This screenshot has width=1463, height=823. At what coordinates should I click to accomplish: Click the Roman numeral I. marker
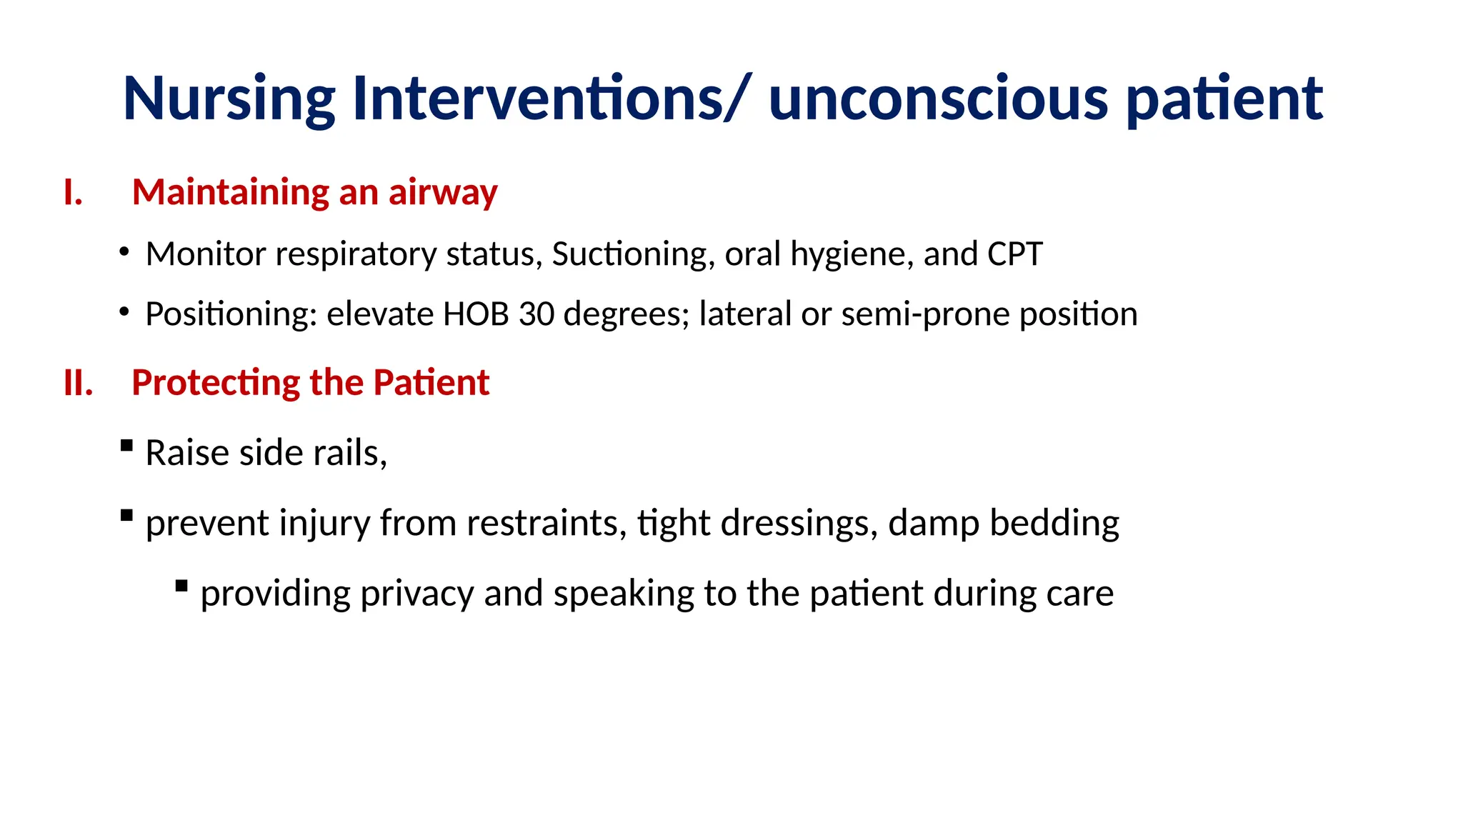coord(73,193)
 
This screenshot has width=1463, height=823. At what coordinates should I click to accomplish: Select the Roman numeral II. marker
coord(78,383)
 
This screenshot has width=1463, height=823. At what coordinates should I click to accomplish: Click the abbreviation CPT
coord(1014,254)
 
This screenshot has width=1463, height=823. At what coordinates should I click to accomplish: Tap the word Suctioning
coord(629,254)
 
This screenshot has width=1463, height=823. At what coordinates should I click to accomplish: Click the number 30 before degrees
coord(536,314)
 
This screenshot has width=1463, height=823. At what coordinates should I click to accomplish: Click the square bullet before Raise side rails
coord(127,446)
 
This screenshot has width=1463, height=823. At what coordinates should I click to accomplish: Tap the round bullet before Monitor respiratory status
coord(124,252)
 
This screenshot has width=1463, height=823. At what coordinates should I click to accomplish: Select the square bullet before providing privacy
coord(181,587)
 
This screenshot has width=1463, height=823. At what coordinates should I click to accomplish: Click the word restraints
coord(546,523)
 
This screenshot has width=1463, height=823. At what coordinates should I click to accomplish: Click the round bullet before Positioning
coord(124,312)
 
